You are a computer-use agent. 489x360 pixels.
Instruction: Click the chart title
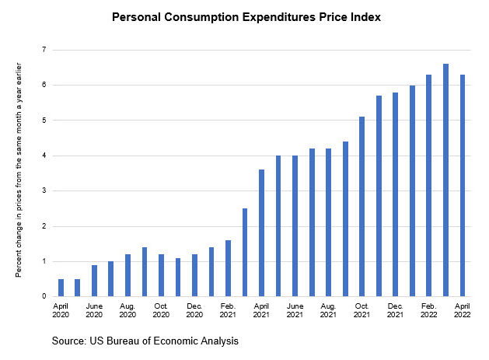246,16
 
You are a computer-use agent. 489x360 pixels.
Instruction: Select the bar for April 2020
61,287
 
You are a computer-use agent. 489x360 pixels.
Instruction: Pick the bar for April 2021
261,232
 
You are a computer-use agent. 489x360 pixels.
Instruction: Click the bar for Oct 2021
362,206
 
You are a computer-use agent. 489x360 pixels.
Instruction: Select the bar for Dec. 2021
396,194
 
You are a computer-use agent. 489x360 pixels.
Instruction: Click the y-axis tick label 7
44,50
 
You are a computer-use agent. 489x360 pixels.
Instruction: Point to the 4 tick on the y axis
44,156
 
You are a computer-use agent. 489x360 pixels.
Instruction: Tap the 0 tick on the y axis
44,296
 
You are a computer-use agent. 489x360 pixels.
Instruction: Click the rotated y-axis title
17,173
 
